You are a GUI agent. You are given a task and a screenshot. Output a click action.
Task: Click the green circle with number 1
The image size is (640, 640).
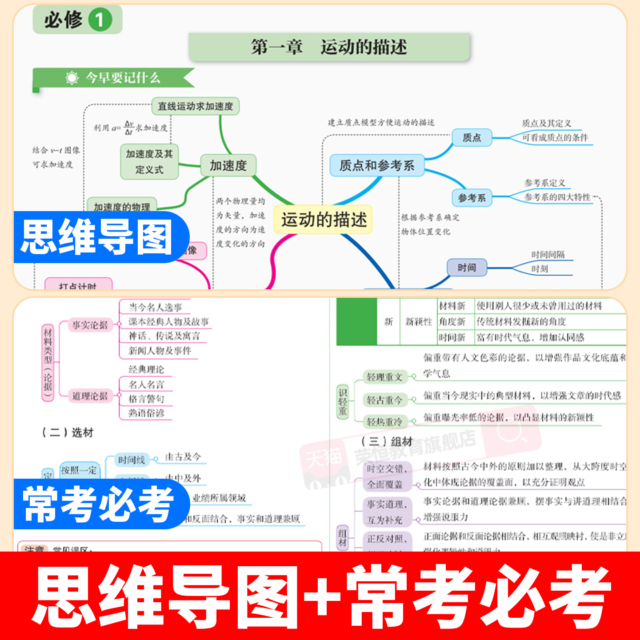point(100,20)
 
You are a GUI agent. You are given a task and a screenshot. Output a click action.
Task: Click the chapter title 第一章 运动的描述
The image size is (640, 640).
point(329,47)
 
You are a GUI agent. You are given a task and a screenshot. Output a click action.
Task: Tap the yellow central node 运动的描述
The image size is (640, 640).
point(323,220)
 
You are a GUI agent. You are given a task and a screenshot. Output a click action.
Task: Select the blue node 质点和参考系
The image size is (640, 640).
point(376,166)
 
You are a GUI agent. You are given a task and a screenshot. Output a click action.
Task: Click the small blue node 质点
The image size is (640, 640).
point(472,138)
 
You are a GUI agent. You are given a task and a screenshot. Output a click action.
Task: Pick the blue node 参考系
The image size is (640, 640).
point(472,198)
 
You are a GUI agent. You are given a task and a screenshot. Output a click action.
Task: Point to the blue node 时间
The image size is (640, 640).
point(467,268)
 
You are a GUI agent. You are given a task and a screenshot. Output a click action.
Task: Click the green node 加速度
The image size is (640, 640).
point(228,166)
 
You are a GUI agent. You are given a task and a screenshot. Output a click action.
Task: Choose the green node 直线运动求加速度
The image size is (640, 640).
point(196,106)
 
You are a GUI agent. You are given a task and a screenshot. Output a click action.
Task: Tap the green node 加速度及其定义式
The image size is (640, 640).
point(149,161)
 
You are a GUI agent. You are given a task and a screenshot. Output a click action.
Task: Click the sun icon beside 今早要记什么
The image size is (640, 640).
point(72,78)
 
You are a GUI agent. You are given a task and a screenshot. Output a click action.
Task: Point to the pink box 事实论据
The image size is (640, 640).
point(90,325)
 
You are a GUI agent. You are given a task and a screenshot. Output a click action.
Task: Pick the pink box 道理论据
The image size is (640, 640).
point(90,396)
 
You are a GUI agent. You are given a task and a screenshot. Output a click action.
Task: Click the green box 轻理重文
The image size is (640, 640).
point(385,377)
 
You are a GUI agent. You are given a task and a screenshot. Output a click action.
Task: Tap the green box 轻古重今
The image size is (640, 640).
point(385,400)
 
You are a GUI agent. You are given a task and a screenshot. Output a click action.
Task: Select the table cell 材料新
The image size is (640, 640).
point(452,306)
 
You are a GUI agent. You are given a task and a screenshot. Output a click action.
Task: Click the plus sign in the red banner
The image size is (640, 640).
point(323,596)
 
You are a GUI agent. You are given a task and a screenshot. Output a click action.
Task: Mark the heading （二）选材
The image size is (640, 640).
point(68,432)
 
